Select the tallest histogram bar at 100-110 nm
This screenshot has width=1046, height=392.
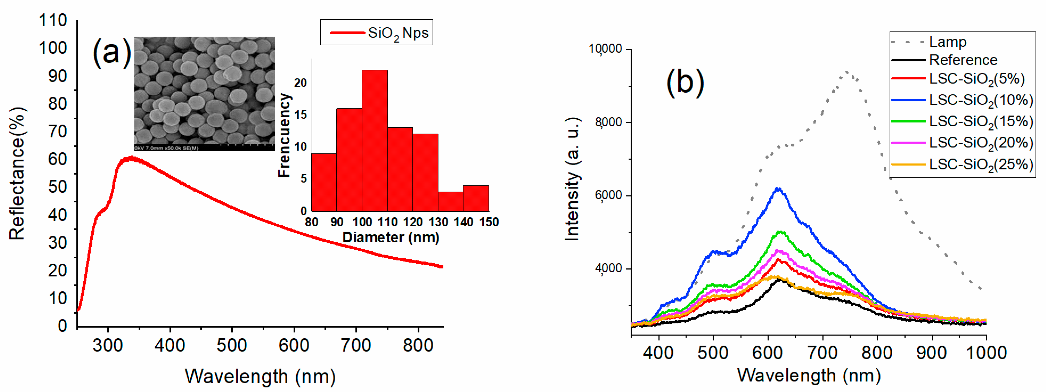pyautogui.click(x=374, y=140)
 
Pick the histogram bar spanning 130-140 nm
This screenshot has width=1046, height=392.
pyautogui.click(x=450, y=201)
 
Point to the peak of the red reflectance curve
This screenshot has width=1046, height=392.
pyautogui.click(x=131, y=158)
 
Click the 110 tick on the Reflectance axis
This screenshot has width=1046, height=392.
pyautogui.click(x=53, y=20)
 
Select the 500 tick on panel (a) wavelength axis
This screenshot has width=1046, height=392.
pyautogui.click(x=231, y=345)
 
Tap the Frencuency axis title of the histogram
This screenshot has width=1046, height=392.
pyautogui.click(x=284, y=135)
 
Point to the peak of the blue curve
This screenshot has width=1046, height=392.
pyautogui.click(x=778, y=189)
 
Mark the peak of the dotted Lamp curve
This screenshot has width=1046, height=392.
pyautogui.click(x=847, y=72)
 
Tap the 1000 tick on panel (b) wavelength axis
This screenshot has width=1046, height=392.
pyautogui.click(x=986, y=353)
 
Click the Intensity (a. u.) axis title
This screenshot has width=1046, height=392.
pyautogui.click(x=572, y=179)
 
